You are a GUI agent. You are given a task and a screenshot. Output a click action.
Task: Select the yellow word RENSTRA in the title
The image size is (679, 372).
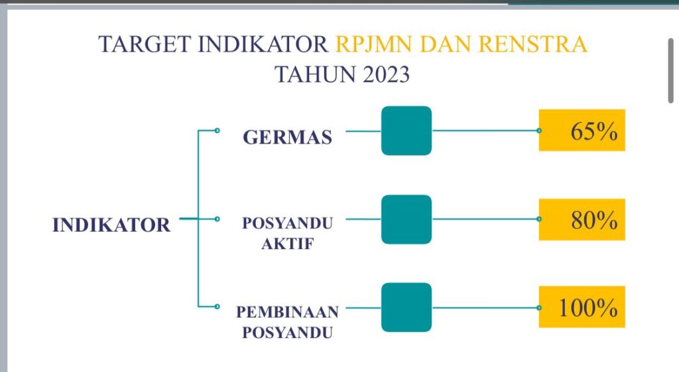[x=534, y=45]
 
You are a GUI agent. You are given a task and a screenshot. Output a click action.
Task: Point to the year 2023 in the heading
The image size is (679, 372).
[x=386, y=74]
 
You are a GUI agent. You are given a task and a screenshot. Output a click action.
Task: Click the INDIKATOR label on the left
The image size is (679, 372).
[x=111, y=225]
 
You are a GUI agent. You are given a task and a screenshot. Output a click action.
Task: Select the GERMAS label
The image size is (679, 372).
[x=288, y=137]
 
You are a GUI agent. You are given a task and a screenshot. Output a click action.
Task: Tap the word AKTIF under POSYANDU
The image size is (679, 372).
[x=288, y=244]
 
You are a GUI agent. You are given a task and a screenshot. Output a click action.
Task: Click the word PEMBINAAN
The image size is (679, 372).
[x=288, y=312]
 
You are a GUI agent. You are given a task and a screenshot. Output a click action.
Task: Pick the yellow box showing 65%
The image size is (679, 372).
[x=582, y=130]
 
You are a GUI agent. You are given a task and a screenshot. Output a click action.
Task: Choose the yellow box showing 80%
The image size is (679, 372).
[x=582, y=219]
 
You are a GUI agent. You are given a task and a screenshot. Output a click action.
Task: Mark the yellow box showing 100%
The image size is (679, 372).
[x=582, y=307]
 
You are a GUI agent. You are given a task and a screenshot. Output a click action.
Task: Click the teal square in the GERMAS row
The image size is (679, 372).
[x=406, y=130]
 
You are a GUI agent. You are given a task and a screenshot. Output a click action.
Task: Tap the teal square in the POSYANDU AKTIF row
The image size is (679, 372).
[x=406, y=219]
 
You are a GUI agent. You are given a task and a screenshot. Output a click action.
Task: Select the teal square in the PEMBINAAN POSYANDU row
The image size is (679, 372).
[x=406, y=308]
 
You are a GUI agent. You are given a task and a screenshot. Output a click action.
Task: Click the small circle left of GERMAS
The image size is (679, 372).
[x=217, y=130]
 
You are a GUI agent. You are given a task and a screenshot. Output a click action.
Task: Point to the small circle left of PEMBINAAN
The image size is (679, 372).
[x=217, y=306]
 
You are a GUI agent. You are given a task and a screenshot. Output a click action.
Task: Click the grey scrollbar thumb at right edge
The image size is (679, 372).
[x=671, y=70]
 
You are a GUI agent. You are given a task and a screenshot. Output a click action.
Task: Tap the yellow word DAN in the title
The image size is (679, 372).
[x=446, y=45]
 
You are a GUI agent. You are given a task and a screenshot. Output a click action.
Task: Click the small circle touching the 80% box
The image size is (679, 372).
[x=538, y=219]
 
